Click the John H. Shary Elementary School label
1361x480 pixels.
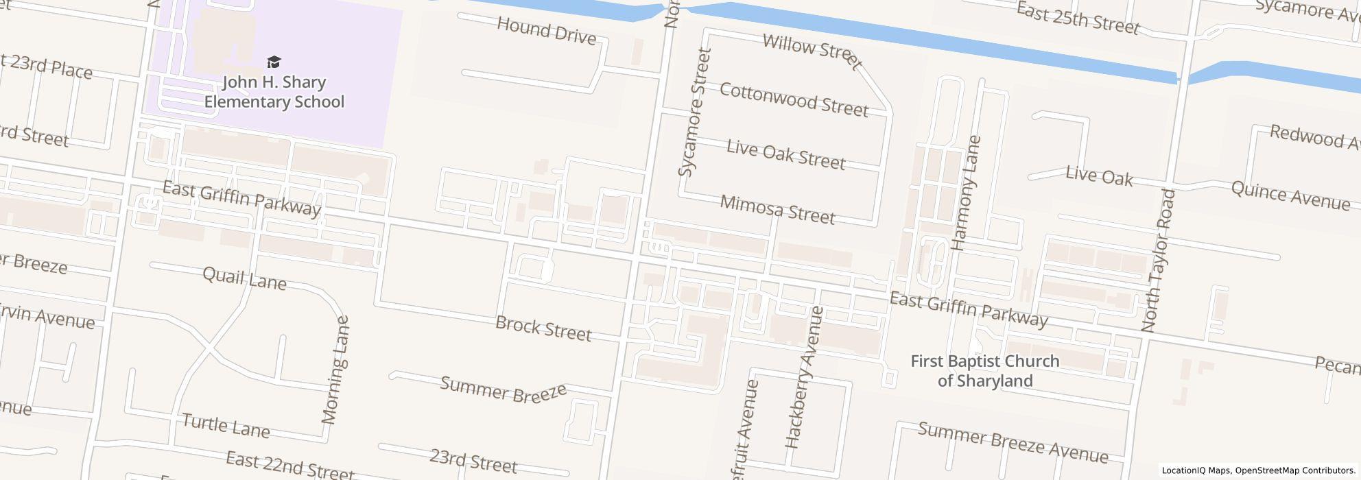tap(274, 92)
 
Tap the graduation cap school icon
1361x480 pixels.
tap(274, 62)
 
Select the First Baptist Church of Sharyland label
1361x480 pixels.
tap(984, 371)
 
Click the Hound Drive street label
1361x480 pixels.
tap(546, 32)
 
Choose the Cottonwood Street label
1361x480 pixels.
tap(794, 99)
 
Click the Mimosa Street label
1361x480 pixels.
tap(777, 209)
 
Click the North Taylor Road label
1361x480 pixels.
tap(1159, 261)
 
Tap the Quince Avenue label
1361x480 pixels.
tap(1290, 195)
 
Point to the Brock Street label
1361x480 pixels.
tap(543, 328)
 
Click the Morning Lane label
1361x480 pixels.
tap(335, 370)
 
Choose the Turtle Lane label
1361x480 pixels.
tap(226, 425)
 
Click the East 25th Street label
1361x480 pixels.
tap(1077, 19)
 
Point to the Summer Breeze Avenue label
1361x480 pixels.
tap(1013, 442)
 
